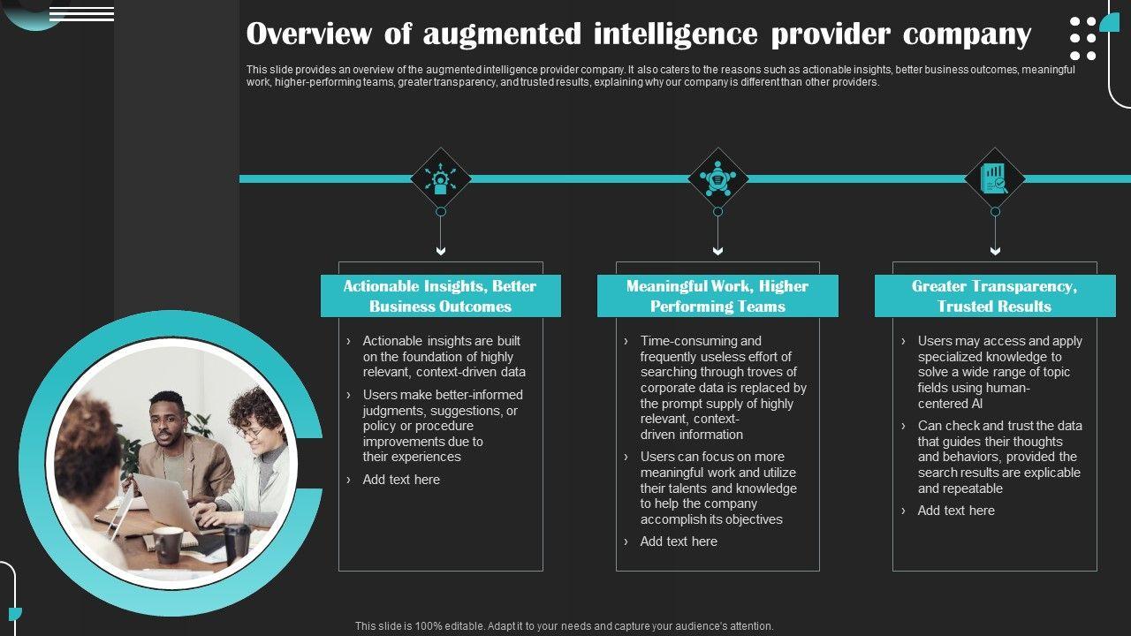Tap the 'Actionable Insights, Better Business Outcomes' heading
coord(440,296)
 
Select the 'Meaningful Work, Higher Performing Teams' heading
coord(717,296)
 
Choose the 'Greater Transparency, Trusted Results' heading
coord(994,296)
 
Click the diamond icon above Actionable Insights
coord(441,178)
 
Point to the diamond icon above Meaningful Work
coord(717,178)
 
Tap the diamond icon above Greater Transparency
coord(995,178)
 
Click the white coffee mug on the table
coord(168,544)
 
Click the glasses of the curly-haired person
coord(250,433)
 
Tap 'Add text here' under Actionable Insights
coord(401,480)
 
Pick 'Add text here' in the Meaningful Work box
coord(679,541)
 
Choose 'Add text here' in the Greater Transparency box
coord(956,511)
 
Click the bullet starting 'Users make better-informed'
coord(442,426)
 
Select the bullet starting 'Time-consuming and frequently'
coord(723,388)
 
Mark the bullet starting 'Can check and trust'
coord(998,457)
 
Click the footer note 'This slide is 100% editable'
coord(564,625)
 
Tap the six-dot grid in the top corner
coord(1082,38)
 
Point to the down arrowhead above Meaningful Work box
coord(717,252)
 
